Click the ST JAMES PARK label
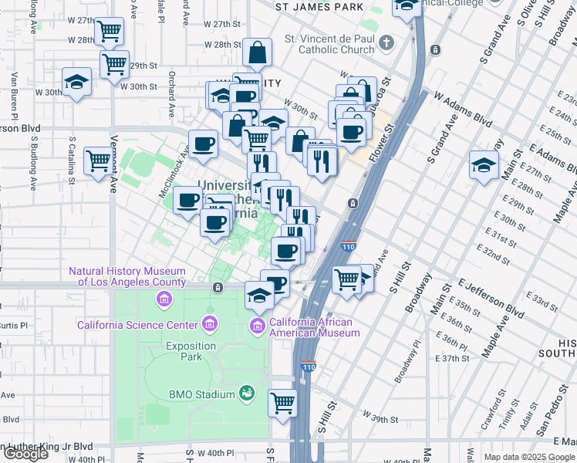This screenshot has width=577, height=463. pyautogui.click(x=319, y=7)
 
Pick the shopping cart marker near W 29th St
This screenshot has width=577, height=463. pyautogui.click(x=114, y=64)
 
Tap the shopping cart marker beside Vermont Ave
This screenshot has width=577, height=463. pyautogui.click(x=99, y=161)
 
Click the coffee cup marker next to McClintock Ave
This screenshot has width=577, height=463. pyautogui.click(x=204, y=144)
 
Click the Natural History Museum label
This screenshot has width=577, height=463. pyautogui.click(x=127, y=276)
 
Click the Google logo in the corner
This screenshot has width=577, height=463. pyautogui.click(x=25, y=453)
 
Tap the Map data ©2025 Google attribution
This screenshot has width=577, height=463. pyautogui.click(x=528, y=457)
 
